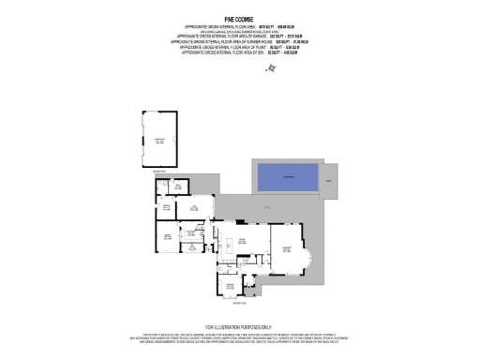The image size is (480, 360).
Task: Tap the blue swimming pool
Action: [x=285, y=177]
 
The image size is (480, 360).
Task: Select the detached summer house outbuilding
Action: [x=158, y=140]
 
